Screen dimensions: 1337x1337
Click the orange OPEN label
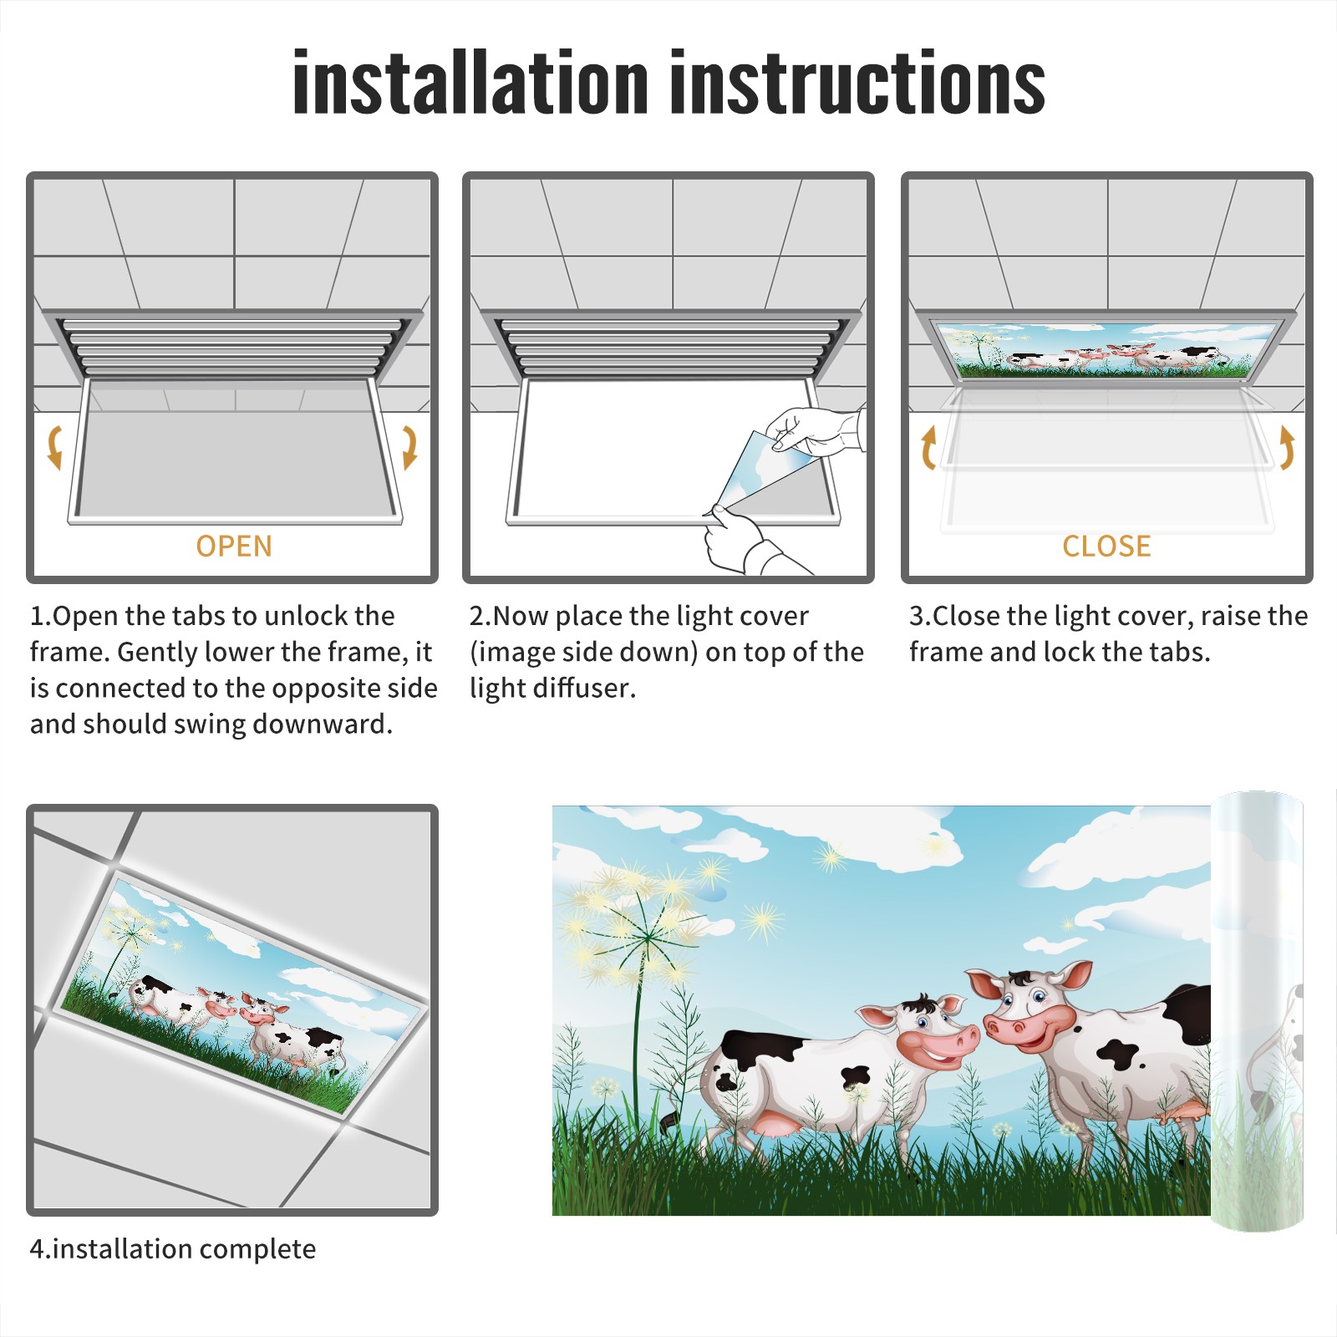(234, 546)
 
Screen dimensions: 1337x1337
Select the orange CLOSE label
(1106, 546)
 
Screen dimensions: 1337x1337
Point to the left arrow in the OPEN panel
(55, 446)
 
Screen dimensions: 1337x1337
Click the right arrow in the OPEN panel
(409, 446)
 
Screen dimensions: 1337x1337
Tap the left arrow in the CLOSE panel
(928, 446)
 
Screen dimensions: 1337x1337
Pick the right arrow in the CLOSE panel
(1287, 446)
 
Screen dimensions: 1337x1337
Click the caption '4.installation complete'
(173, 1249)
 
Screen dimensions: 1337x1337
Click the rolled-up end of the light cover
(1258, 1011)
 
